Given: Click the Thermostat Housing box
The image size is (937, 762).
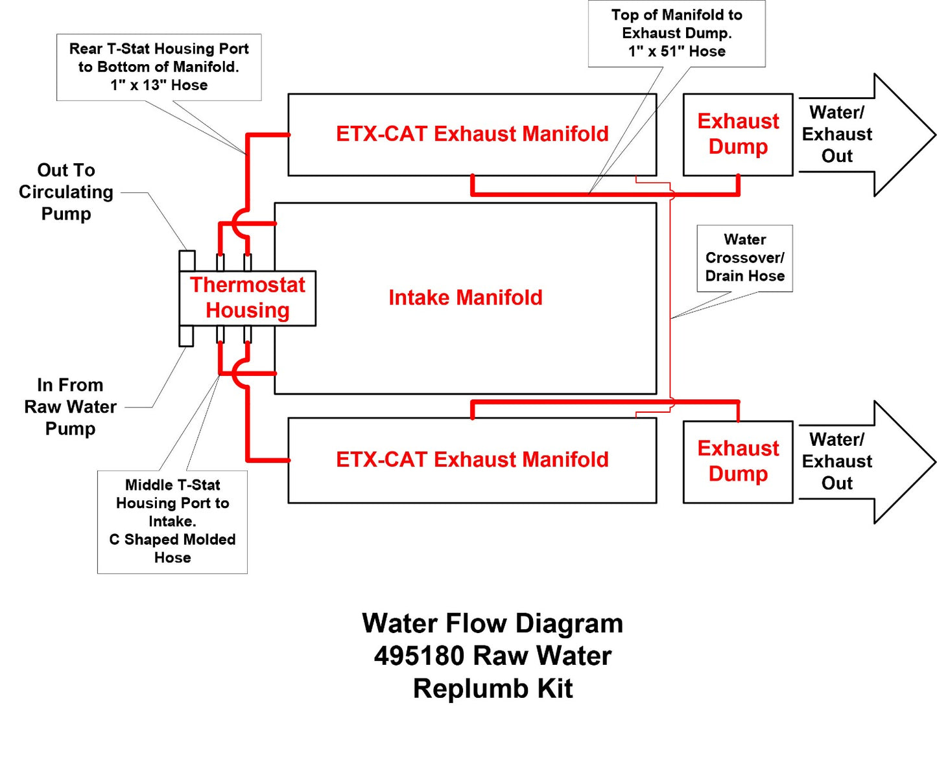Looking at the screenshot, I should click(x=247, y=298).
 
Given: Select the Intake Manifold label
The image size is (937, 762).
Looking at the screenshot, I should click(x=465, y=297).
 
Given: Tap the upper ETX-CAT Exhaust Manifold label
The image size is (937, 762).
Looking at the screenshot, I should click(x=472, y=133).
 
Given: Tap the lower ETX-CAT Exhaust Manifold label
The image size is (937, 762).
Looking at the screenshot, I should click(x=472, y=459).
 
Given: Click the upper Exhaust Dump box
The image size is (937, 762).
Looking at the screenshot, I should click(x=738, y=134).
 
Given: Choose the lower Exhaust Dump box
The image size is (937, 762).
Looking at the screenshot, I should click(x=738, y=461).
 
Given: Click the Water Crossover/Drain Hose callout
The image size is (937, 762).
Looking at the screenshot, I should click(x=744, y=258).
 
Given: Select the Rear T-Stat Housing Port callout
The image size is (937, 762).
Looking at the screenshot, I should click(x=159, y=67).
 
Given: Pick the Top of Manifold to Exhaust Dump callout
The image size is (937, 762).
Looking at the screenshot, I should click(x=676, y=33).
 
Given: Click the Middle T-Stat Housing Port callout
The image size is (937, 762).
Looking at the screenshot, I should click(x=172, y=521).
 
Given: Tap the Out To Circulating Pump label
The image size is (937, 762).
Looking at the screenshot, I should click(x=66, y=192).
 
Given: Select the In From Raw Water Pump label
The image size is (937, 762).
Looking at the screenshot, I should click(x=70, y=407).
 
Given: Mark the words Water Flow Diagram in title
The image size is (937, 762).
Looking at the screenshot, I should click(x=493, y=623).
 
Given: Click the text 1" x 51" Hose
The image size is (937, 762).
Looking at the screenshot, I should click(x=676, y=51).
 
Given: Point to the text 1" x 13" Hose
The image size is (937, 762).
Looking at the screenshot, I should click(x=159, y=85).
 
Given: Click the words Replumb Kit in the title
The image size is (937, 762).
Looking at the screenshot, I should click(x=493, y=688).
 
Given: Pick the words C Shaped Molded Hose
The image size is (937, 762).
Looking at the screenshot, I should click(x=172, y=548).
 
